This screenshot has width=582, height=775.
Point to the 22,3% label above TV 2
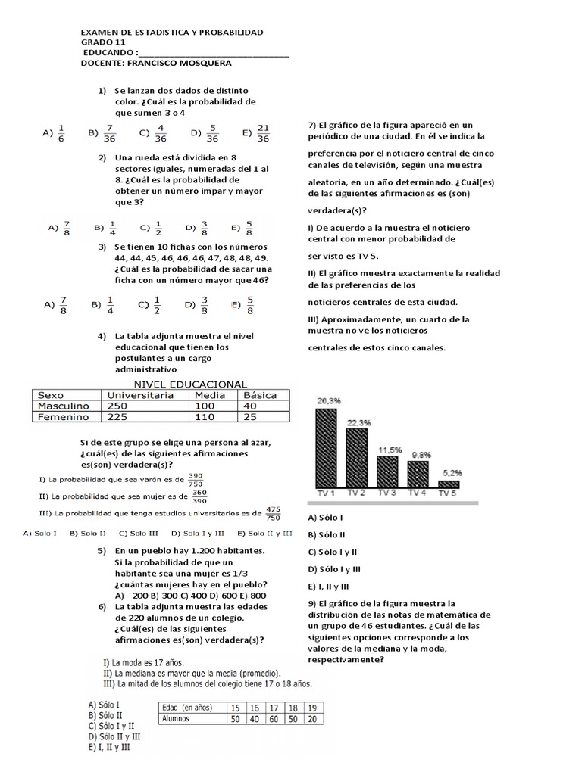[x=358, y=422]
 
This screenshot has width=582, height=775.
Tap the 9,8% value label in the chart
[x=421, y=455]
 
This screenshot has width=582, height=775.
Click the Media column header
[x=210, y=395]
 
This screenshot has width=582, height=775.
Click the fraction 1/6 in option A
[x=62, y=132]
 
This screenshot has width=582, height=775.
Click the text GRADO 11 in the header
[x=103, y=43]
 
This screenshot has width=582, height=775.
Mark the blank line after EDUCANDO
[x=214, y=54]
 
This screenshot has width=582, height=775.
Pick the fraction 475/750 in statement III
[x=274, y=513]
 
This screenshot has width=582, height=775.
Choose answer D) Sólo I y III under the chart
[x=334, y=568]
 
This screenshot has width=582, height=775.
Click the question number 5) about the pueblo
[x=102, y=551]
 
